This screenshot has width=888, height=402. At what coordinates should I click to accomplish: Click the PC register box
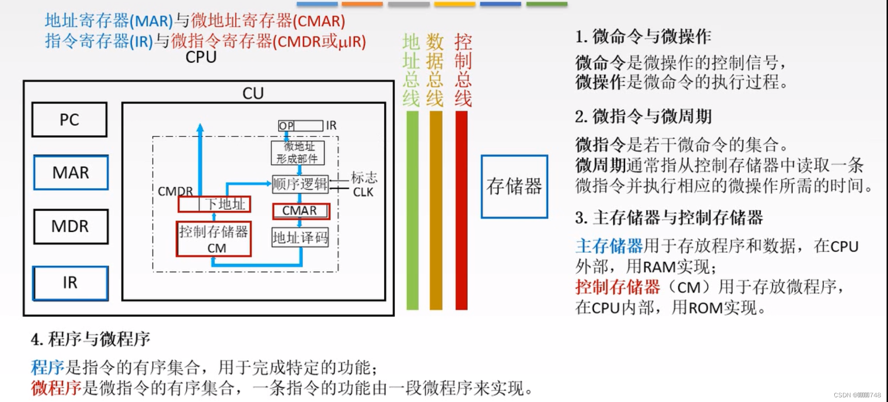(69, 120)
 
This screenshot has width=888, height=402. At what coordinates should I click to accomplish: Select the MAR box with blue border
(71, 173)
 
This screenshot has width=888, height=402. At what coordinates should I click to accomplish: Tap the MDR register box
(71, 226)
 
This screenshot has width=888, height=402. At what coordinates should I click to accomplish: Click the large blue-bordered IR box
(70, 283)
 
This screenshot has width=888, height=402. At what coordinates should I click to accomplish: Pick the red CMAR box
(301, 211)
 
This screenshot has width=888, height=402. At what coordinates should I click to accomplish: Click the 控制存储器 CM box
(214, 239)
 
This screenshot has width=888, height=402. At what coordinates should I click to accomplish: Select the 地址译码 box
(300, 237)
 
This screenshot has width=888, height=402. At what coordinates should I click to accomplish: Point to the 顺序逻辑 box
(300, 184)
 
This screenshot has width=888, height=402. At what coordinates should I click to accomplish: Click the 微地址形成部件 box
(297, 153)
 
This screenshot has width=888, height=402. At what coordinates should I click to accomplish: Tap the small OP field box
(286, 126)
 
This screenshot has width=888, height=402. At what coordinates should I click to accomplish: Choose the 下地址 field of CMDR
(225, 204)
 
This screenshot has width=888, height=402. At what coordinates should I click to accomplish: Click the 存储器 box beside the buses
(514, 187)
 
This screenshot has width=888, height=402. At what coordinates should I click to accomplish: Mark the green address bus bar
(412, 210)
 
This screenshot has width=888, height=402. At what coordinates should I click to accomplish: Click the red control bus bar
(462, 210)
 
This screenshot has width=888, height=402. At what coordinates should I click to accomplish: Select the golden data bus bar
(436, 210)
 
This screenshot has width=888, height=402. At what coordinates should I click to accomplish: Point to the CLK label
(363, 192)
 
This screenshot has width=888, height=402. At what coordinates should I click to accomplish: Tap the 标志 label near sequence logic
(364, 177)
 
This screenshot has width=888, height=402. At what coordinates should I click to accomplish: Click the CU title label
(253, 93)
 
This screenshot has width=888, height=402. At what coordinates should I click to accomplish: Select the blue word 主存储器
(608, 246)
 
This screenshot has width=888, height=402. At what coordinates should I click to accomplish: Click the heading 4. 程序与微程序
(90, 339)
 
